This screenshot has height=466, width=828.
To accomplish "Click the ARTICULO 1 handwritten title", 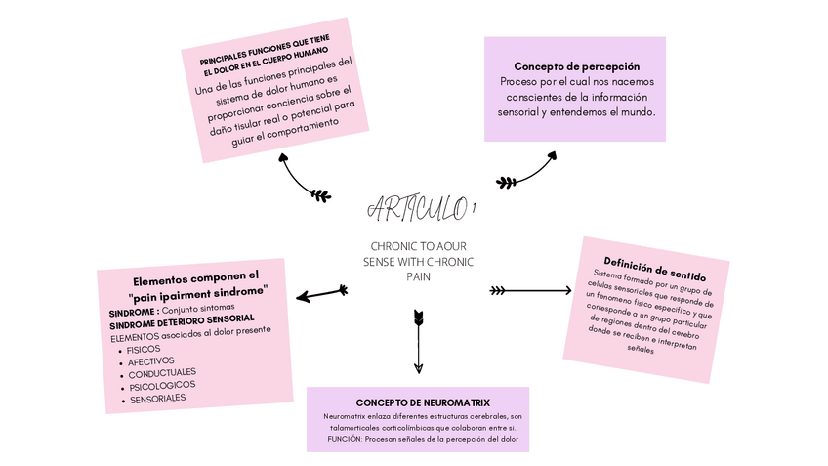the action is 421,208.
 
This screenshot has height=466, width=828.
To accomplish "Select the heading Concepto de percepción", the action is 576,66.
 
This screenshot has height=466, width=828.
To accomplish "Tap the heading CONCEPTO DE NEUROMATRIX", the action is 423,402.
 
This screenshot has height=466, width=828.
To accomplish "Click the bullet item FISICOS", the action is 145,349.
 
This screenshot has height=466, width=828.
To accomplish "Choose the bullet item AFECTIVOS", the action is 151,360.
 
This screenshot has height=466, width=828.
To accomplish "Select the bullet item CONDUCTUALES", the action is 161,372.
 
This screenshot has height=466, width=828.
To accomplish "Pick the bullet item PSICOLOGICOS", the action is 161,385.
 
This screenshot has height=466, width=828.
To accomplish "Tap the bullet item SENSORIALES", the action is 157,398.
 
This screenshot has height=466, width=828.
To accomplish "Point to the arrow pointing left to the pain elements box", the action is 322,293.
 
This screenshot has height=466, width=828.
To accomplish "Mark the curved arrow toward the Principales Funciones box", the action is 302,180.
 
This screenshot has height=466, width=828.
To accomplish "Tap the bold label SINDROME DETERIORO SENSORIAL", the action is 182,319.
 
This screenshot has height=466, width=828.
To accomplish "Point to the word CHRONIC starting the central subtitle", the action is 392,248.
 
